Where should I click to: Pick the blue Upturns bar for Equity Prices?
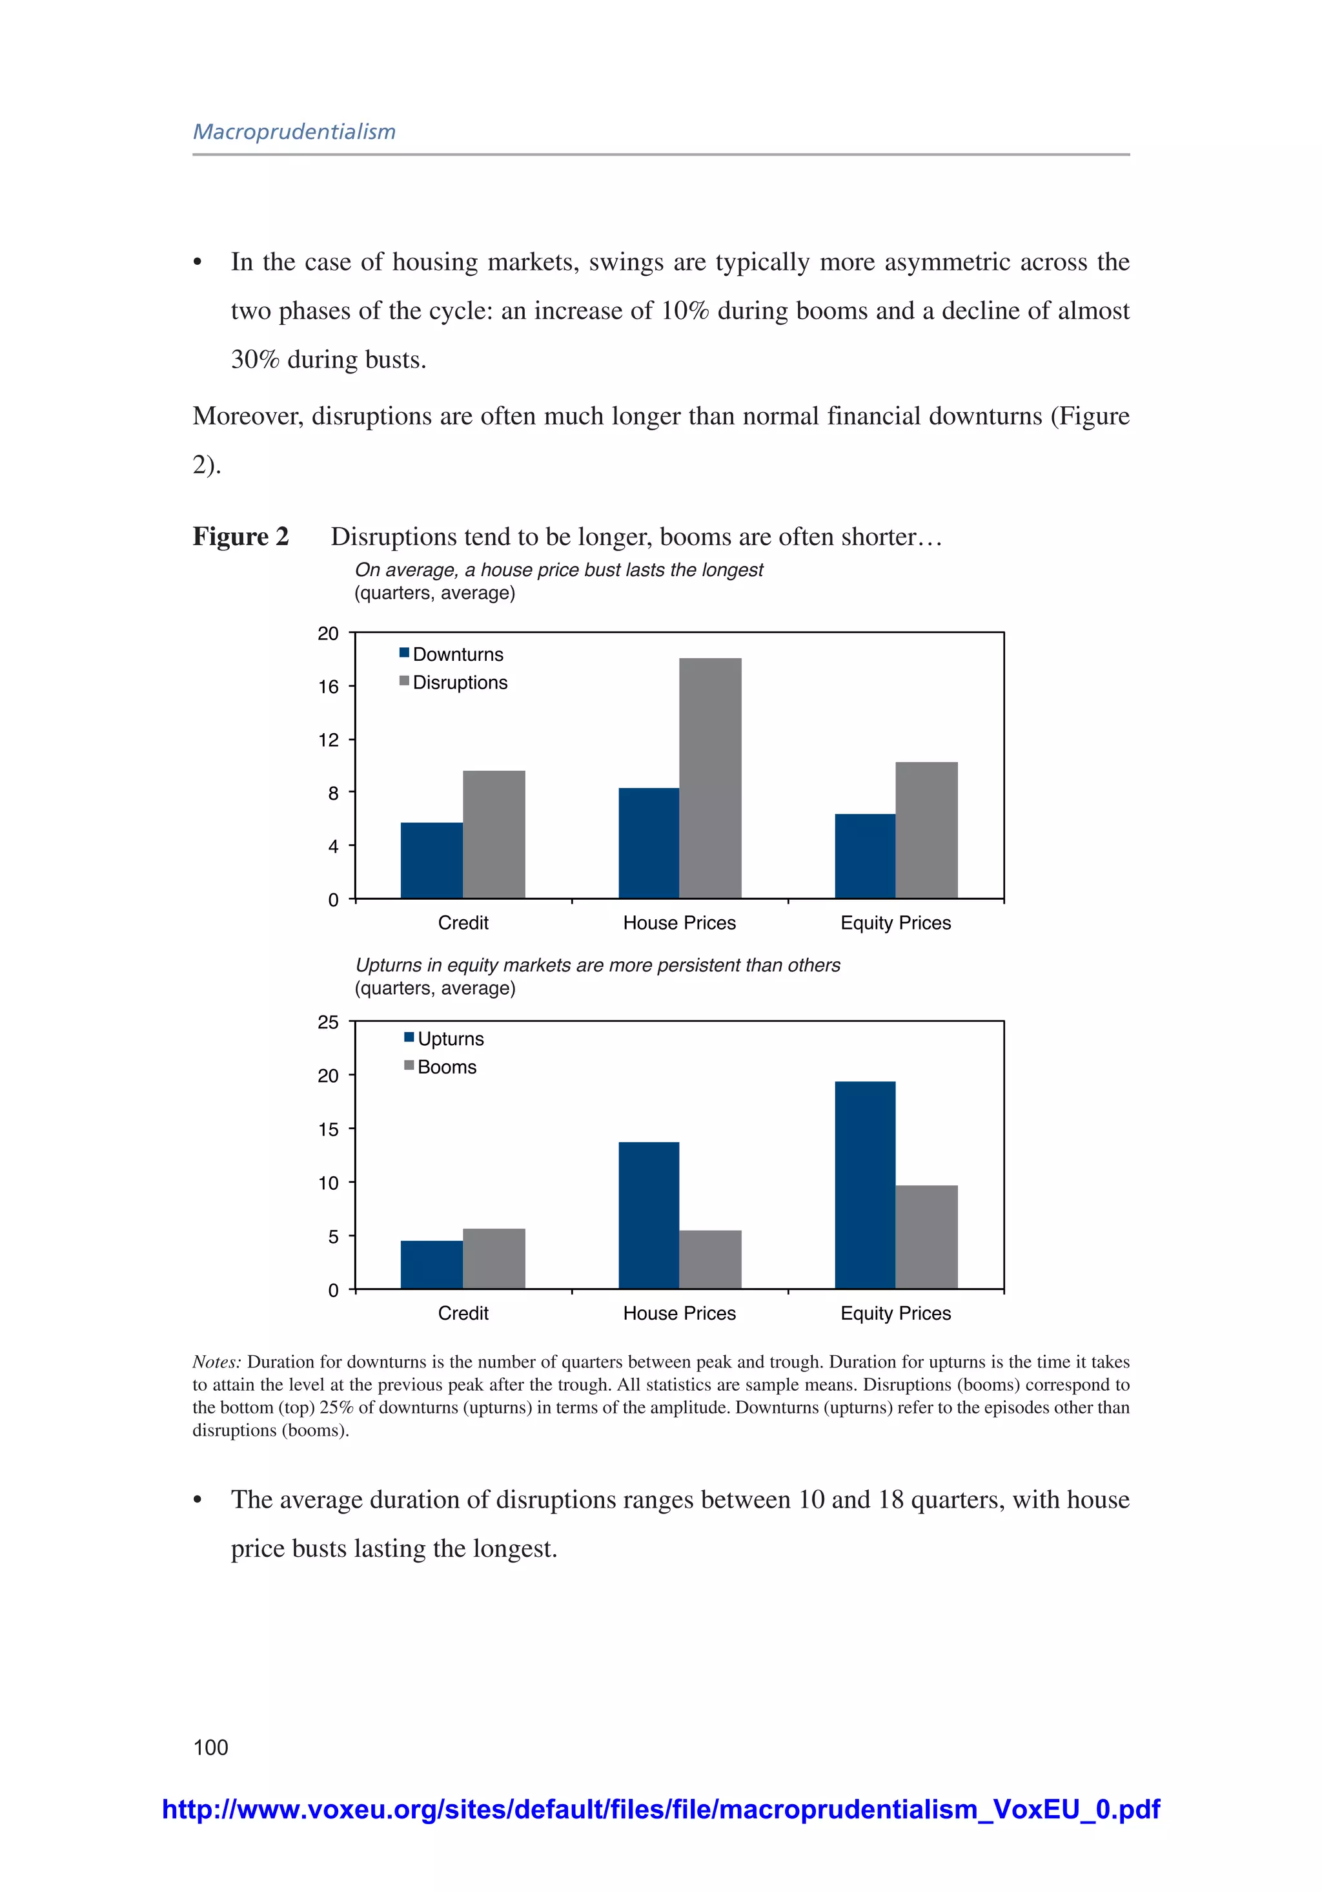[x=865, y=1184]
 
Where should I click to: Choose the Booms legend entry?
[x=441, y=1067]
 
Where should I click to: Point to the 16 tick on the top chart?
[x=329, y=687]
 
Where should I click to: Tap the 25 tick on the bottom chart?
[x=329, y=1023]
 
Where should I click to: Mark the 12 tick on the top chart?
[x=329, y=740]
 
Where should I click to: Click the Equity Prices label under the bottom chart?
[x=895, y=1313]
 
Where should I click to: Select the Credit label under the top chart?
[x=463, y=923]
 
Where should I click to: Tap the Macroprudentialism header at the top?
[x=294, y=132]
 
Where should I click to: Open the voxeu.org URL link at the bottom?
[x=660, y=1809]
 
